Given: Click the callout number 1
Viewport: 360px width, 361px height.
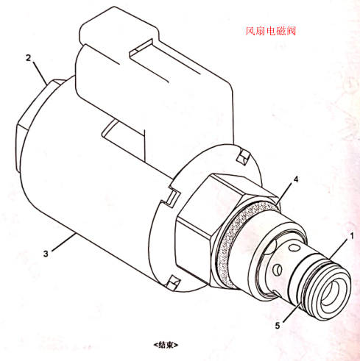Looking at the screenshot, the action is pos(352,236).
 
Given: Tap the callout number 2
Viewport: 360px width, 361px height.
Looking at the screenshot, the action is pos(29,58).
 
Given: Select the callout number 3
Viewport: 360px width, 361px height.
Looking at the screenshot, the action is pos(46,254).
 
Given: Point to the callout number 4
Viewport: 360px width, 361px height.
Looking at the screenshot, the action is pos(296,179).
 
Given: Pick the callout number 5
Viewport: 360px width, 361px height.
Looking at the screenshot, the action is pos(278,326).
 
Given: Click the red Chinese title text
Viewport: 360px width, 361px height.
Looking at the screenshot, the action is pos(270,31).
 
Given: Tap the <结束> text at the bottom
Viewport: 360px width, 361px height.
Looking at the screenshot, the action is pos(166,345).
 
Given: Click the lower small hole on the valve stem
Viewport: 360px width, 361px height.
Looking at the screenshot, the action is pos(278,270).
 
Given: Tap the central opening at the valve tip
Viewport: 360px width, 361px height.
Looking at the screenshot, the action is pos(332,293).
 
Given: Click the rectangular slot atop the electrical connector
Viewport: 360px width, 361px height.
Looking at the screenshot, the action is pos(142,50).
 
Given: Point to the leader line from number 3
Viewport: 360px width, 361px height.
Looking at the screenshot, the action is pos(63,242).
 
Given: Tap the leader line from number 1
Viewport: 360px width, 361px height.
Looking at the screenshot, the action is pos(339,249).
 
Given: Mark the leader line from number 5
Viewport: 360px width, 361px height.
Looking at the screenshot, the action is pos(292,312).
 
